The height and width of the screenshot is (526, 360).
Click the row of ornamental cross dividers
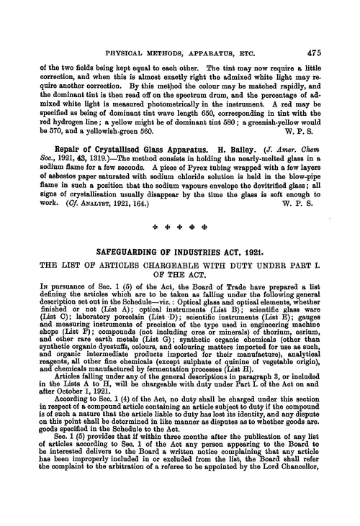coord(179,232)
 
